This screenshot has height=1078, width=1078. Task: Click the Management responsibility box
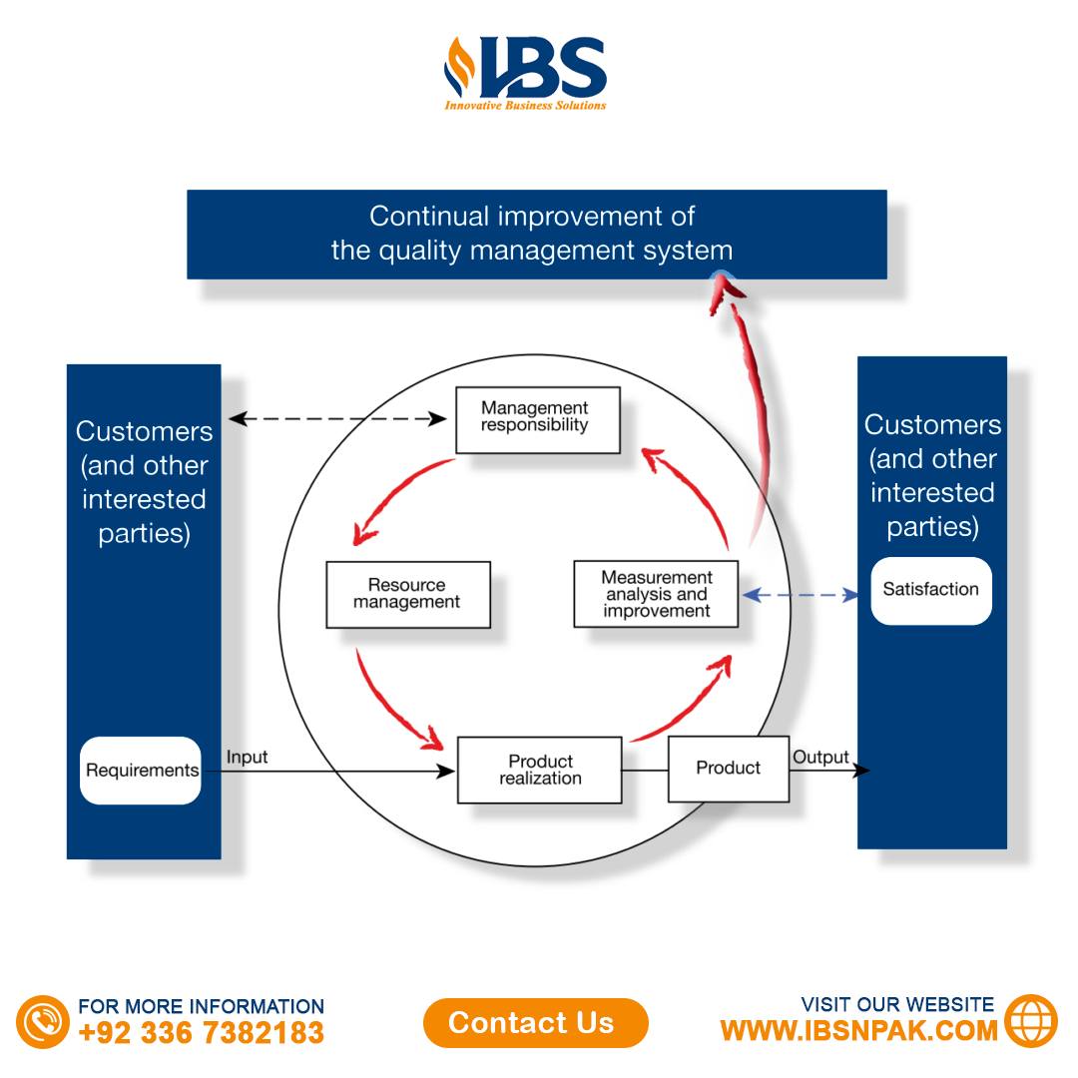537,419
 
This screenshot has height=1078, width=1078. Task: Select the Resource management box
407,594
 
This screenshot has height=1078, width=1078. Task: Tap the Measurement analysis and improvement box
656,594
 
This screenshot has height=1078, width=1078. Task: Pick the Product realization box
539,770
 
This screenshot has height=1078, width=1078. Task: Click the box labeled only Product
728,768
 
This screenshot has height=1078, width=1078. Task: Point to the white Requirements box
141,771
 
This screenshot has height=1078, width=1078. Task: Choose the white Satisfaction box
930,590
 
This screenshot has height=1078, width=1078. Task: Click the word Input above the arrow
247,757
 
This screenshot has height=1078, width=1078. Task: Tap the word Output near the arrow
820,757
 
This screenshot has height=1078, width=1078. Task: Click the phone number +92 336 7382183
201,1032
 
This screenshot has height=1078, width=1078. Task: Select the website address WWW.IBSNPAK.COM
858,1030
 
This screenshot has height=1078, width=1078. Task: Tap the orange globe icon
1031,1020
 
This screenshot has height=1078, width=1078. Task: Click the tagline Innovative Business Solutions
525,105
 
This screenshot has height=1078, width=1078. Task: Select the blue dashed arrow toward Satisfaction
800,595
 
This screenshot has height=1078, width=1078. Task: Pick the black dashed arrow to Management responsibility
337,419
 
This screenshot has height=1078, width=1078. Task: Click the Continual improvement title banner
536,234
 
